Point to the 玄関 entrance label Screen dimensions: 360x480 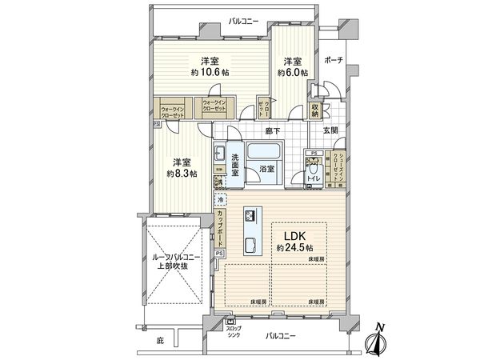click(330, 130)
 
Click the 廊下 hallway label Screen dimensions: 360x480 click(270, 130)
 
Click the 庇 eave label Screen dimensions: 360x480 click(159, 342)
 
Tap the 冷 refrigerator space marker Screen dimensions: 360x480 click(220, 201)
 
